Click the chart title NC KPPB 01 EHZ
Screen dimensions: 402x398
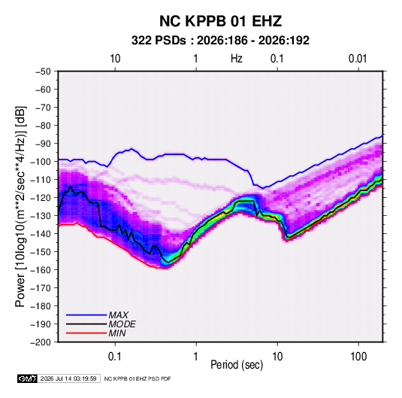[220, 21]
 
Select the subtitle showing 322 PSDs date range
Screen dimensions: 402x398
[220, 41]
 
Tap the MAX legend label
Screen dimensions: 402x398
[119, 314]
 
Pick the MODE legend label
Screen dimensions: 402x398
[122, 324]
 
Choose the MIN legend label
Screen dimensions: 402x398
[117, 333]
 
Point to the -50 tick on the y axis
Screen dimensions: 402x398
[43, 71]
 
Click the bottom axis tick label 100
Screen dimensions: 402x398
[358, 357]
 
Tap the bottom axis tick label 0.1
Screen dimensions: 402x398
[115, 357]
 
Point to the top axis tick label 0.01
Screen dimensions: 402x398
[358, 59]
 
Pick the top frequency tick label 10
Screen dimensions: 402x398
[115, 59]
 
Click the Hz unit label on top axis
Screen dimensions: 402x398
[237, 59]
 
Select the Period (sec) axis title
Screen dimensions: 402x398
[237, 365]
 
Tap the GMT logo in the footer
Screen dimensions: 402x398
[28, 378]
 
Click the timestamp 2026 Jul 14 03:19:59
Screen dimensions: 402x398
[68, 378]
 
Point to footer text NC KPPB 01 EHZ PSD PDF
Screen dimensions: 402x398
[138, 378]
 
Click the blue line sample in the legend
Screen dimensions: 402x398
[86, 315]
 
